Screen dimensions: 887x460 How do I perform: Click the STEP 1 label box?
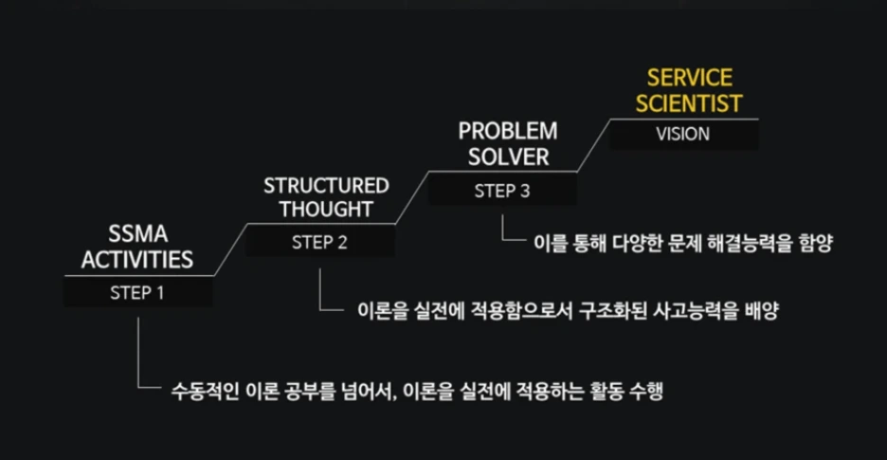[138, 292]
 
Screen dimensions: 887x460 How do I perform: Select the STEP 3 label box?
[502, 191]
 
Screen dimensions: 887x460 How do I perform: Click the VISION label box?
[683, 135]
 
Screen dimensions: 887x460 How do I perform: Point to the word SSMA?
[137, 235]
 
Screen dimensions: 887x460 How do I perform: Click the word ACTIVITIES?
[137, 260]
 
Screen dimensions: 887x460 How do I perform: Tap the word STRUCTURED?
[326, 185]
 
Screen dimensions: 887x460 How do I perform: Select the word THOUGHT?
[326, 210]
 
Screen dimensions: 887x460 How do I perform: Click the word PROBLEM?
[508, 132]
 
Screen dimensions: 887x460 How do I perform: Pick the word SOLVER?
[509, 156]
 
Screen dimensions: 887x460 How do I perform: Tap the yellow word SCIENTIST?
[689, 103]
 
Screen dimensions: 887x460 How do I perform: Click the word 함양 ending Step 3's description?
[816, 243]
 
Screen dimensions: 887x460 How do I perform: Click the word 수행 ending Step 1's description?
[645, 392]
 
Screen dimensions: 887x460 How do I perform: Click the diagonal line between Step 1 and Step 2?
[231, 249]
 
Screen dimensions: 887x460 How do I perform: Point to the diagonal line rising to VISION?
[594, 145]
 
